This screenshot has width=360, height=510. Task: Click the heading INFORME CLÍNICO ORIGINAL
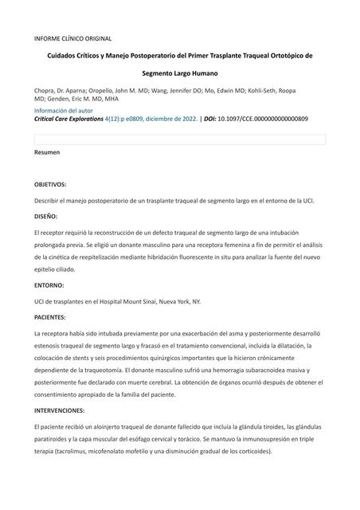coord(72,38)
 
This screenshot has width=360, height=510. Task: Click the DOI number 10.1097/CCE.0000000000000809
coord(263,119)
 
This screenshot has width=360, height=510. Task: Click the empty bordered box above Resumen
coord(179,139)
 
